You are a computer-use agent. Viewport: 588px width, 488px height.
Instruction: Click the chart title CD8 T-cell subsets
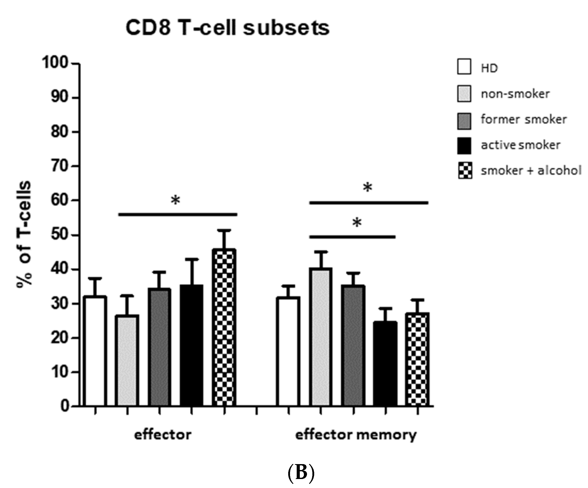tap(227, 28)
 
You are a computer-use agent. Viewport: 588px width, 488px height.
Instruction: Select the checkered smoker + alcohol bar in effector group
tap(224, 327)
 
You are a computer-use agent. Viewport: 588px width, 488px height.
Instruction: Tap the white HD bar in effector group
tap(95, 351)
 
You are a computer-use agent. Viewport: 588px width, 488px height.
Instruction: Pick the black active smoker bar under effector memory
tap(385, 364)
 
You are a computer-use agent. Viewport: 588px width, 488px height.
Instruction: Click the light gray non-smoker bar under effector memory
tap(321, 337)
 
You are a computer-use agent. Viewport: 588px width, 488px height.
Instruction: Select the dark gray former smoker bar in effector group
tap(159, 347)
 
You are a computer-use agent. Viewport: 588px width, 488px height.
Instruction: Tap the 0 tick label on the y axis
tap(65, 406)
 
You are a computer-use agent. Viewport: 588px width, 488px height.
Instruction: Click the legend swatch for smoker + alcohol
tap(465, 170)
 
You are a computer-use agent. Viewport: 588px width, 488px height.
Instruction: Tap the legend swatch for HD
tap(464, 67)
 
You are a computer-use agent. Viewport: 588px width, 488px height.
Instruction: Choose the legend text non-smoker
tap(515, 94)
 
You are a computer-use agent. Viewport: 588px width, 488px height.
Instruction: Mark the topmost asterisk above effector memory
tap(367, 187)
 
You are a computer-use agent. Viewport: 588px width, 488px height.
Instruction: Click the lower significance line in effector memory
tap(352, 237)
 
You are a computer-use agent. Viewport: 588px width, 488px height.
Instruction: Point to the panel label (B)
tap(301, 473)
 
